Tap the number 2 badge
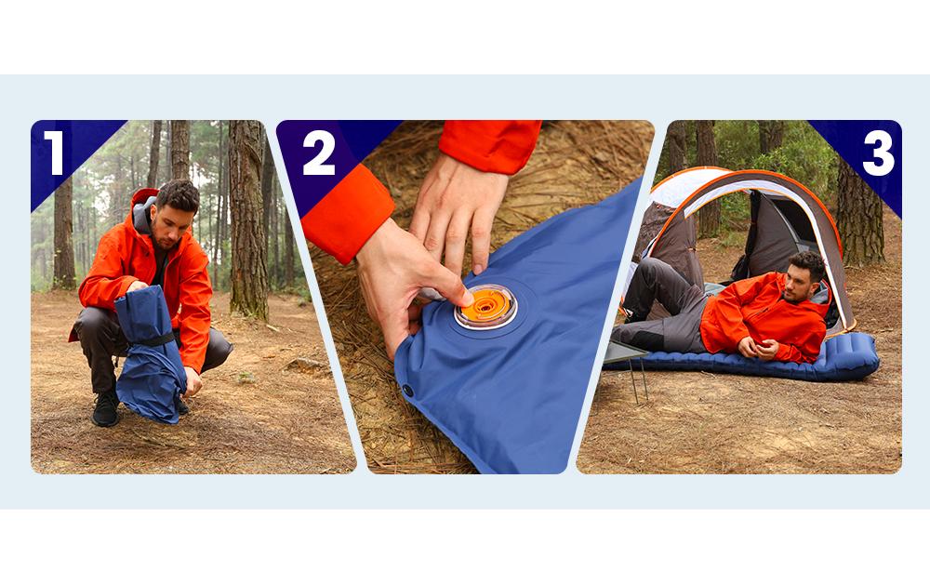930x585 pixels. click(318, 153)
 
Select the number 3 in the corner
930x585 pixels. click(878, 153)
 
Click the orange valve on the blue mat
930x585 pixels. click(485, 306)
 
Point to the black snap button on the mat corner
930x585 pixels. click(407, 391)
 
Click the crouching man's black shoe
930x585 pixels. click(106, 409)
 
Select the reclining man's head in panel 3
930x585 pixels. click(804, 276)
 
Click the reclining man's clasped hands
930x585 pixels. click(759, 348)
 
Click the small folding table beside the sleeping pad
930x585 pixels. click(626, 362)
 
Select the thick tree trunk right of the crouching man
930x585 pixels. click(248, 219)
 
